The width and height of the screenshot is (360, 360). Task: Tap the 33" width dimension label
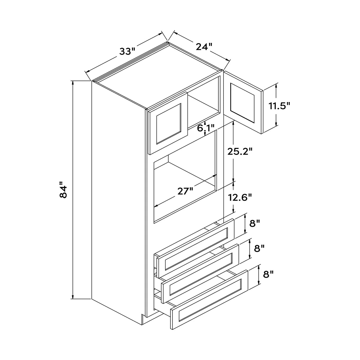pyautogui.click(x=127, y=51)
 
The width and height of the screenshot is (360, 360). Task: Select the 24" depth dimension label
pyautogui.click(x=204, y=46)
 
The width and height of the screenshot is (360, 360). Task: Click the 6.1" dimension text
pyautogui.click(x=206, y=128)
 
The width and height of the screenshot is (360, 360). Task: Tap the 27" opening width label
pyautogui.click(x=185, y=191)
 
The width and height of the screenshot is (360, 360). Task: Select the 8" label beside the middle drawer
pyautogui.click(x=259, y=249)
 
